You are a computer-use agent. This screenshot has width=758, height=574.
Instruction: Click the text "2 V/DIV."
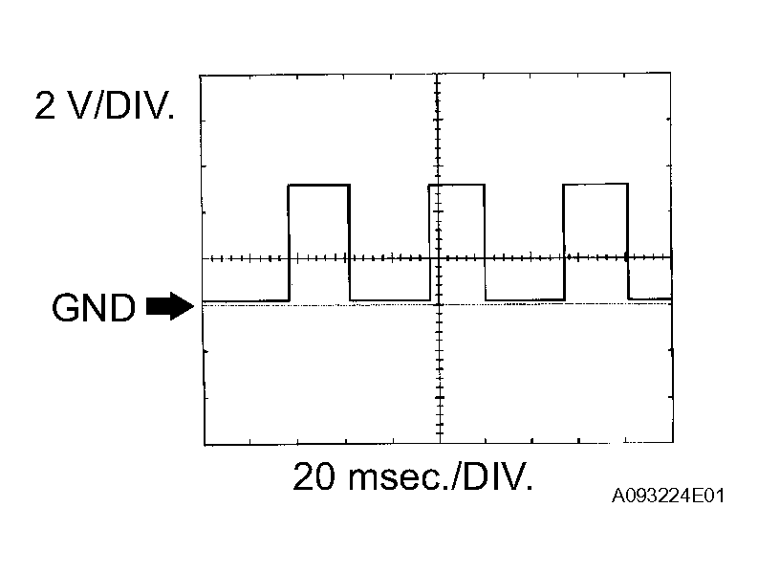105,105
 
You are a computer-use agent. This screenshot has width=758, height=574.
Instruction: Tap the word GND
94,307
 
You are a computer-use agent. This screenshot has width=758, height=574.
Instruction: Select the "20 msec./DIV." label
413,476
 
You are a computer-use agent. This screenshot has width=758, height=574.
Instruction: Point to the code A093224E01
670,497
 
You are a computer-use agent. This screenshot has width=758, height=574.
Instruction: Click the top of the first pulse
319,185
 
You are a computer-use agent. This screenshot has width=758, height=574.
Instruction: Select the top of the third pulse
596,185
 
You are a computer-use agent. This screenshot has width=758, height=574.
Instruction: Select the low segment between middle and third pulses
525,299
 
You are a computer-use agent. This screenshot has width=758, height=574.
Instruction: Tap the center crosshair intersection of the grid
438,258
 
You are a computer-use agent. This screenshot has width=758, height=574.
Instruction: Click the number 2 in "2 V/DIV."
44,105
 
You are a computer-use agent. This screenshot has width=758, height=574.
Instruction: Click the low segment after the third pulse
650,298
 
